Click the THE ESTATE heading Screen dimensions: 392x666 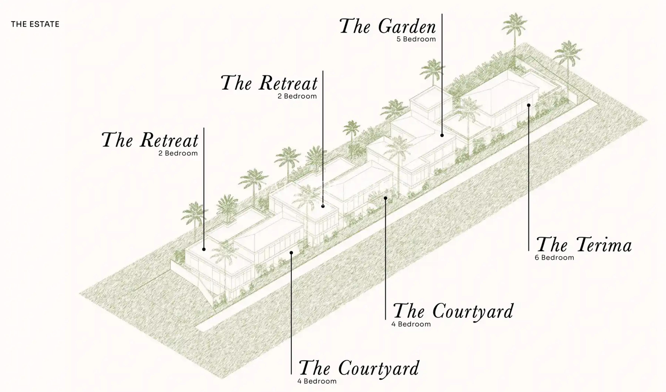35,24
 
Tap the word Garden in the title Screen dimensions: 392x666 407,27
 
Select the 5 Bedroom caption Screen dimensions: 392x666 416,39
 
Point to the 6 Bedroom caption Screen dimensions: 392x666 554,257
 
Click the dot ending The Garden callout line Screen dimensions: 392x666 442,135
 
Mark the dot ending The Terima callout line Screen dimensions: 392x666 529,105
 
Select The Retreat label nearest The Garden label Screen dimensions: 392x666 269,83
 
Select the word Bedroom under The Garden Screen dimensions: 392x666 419,39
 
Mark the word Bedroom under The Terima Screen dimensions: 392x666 557,257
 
